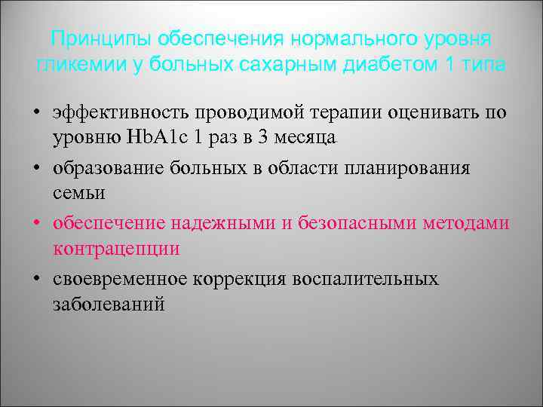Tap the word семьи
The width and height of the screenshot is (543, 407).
coord(79,193)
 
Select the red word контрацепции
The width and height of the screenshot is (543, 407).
coord(116,249)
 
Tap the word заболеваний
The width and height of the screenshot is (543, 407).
coord(109,304)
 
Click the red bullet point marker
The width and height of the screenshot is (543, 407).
coord(37,223)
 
